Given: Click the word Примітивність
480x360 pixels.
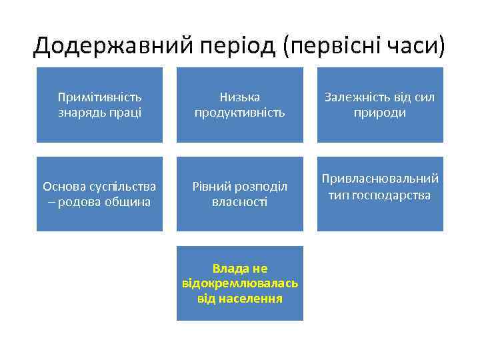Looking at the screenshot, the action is click(x=99, y=97).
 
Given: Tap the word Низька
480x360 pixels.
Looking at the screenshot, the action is click(x=239, y=97).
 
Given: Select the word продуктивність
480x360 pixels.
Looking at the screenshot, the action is click(x=239, y=113).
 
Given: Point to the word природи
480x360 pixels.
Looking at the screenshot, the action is click(x=380, y=113).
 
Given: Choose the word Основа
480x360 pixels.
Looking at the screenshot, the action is click(x=64, y=187).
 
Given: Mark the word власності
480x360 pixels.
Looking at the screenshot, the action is click(x=239, y=202).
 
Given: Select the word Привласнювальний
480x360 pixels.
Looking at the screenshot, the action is click(x=380, y=179).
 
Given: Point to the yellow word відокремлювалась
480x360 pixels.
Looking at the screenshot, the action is click(x=239, y=283).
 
